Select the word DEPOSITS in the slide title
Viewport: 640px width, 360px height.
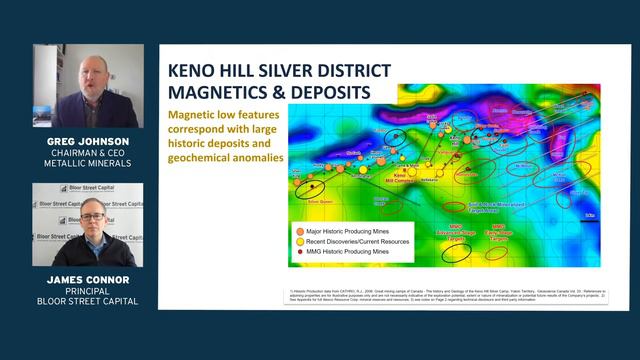point(321,93)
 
